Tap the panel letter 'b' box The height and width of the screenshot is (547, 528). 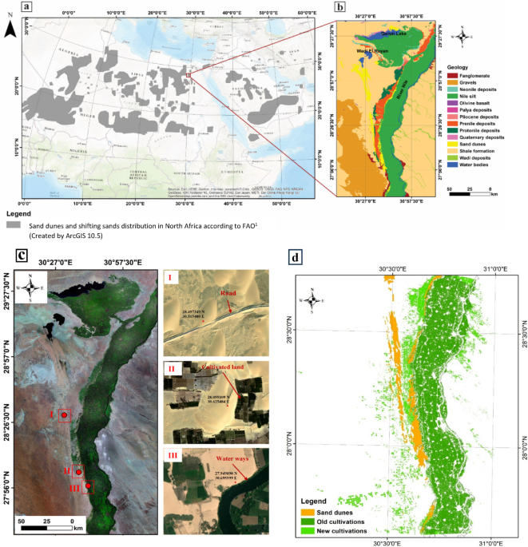[x=339, y=8]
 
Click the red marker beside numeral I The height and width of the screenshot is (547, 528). [x=64, y=415]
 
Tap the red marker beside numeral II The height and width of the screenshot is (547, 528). [x=78, y=473]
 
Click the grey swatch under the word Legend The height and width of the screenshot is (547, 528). [x=13, y=227]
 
